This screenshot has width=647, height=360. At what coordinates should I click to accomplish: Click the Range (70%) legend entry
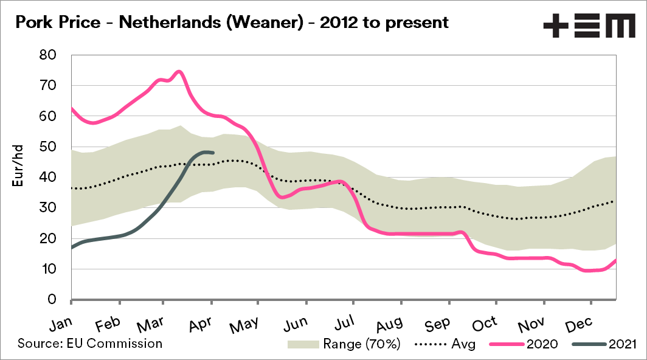(x=344, y=344)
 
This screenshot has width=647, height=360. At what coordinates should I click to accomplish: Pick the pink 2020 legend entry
(x=524, y=344)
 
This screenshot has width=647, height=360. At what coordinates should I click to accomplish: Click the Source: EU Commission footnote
(x=90, y=344)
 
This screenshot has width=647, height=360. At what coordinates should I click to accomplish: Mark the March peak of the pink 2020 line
(x=179, y=71)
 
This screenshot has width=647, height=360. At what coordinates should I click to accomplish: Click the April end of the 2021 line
(x=212, y=152)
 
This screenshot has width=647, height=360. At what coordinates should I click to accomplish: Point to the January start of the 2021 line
(x=72, y=247)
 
